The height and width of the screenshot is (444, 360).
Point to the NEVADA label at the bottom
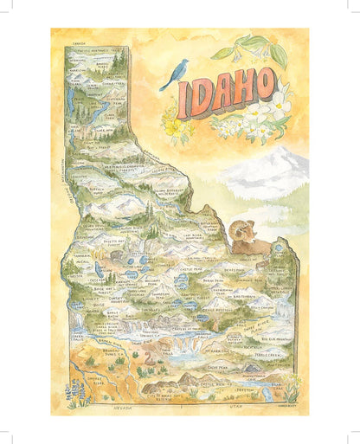click(122, 404)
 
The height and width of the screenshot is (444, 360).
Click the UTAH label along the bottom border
click(228, 404)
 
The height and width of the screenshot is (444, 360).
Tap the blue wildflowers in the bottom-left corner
click(74, 394)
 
